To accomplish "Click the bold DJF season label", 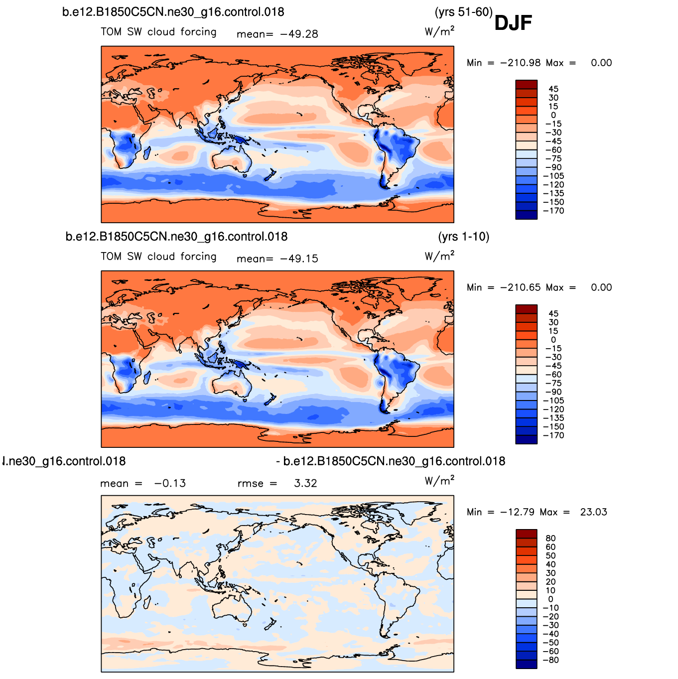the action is coord(513,23).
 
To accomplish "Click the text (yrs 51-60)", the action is coord(463,12).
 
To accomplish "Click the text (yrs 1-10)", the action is coord(464,237).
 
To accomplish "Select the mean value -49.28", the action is coord(299,34).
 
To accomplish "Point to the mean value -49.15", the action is coord(299,259).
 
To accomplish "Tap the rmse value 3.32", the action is coord(305,483).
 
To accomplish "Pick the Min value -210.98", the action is coord(520,63).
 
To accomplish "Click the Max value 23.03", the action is coord(594,512).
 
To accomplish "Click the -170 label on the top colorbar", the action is coord(553,211).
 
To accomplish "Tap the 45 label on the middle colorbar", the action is coord(553,314).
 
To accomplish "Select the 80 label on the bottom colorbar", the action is coord(550,538).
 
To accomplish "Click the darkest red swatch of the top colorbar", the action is coord(526,85).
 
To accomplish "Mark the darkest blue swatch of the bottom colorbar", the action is coord(526,664).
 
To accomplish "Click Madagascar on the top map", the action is coord(147,153).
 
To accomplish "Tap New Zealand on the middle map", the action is coord(271,400).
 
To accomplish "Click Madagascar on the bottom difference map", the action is coord(147,602).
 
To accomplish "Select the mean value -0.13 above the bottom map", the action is coord(170,483).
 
